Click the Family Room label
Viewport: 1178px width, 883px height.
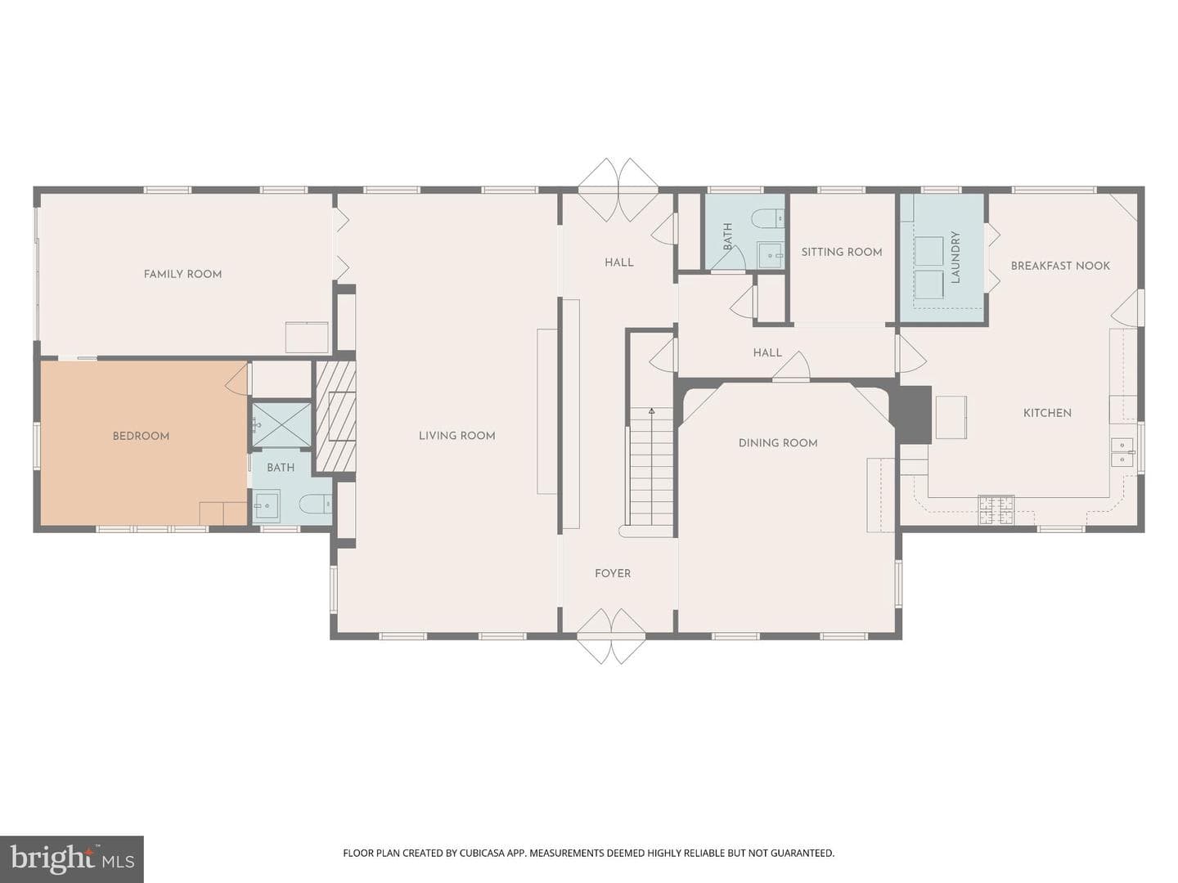182,274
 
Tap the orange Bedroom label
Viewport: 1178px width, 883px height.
141,436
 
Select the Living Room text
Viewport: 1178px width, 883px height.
456,435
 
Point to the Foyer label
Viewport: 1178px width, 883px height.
613,573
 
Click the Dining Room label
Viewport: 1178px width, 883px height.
778,443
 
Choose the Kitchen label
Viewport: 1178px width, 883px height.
1047,413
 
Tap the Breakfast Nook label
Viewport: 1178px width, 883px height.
1060,266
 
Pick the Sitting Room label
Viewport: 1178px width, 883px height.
842,252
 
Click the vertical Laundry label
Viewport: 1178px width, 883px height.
955,257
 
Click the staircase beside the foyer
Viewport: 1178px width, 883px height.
651,466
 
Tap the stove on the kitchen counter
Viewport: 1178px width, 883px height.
996,510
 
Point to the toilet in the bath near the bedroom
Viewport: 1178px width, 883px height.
315,504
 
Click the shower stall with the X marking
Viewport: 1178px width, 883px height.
281,424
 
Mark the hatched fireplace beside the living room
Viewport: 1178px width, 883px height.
335,416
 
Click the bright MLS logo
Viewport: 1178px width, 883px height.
72,858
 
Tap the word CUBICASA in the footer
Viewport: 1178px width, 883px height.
479,853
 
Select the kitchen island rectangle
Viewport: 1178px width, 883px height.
951,417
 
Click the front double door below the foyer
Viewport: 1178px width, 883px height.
612,636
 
